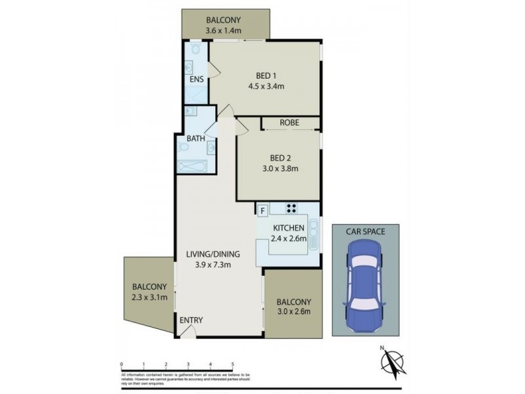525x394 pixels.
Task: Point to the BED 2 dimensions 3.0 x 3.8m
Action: (x=279, y=168)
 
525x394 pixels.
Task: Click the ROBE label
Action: (x=289, y=122)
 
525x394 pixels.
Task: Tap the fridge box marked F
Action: (x=262, y=210)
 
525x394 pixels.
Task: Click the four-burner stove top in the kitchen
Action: (x=292, y=209)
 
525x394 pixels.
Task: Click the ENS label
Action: (x=196, y=79)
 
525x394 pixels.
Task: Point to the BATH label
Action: (x=196, y=139)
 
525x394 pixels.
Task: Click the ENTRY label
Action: (x=191, y=320)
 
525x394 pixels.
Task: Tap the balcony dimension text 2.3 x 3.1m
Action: (x=149, y=297)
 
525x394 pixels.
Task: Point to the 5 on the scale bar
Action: (x=232, y=363)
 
